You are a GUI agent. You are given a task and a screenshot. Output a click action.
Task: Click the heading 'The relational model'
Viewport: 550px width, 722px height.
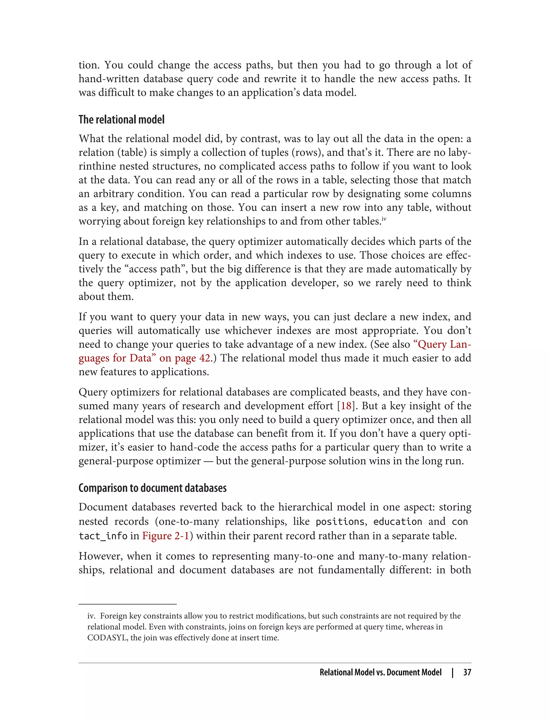[121, 120]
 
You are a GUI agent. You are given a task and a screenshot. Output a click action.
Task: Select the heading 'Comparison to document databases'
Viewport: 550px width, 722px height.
[153, 488]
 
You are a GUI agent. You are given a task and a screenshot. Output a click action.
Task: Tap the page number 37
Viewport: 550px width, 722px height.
[467, 672]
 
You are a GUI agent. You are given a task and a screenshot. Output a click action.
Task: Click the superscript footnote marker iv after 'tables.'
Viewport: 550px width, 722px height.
[384, 219]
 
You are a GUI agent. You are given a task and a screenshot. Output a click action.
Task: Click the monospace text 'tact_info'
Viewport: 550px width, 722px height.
[103, 536]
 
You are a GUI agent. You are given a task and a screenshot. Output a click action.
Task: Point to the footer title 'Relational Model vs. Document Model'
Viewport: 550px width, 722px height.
[381, 672]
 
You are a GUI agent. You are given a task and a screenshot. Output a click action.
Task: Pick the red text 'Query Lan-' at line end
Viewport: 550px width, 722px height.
[442, 344]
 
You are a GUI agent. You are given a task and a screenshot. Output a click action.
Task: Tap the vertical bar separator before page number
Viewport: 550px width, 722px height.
[453, 672]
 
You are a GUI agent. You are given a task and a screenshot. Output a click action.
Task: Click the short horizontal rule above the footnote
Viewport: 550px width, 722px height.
[127, 604]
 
